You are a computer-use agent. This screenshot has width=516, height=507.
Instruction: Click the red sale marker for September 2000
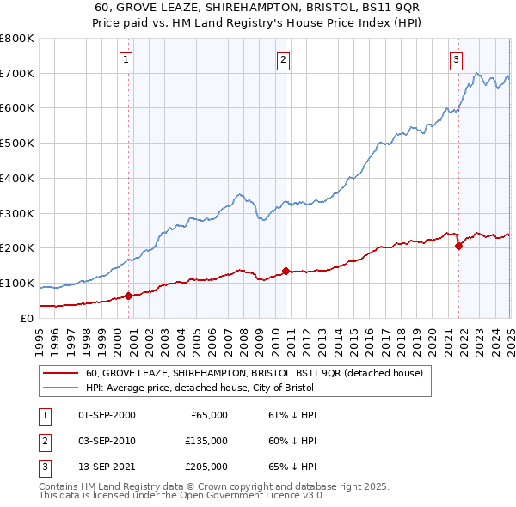click(128, 296)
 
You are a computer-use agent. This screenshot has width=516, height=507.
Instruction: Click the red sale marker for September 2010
click(286, 272)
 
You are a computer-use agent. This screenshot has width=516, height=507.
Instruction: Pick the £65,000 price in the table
click(208, 415)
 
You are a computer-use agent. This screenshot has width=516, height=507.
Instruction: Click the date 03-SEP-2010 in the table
click(107, 441)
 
